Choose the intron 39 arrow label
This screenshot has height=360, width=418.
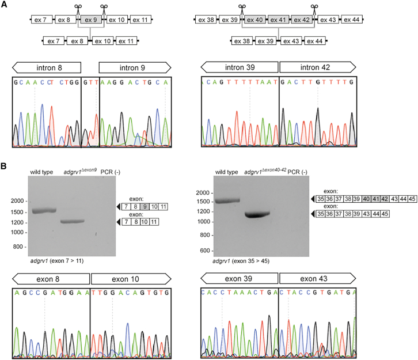coord(239,67)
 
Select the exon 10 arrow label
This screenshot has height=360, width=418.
coord(131,279)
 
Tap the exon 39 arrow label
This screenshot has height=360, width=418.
coord(239,279)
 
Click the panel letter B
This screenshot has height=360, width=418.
coord(5,166)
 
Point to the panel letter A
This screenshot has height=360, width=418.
coord(5,5)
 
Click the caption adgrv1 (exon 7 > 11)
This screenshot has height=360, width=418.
coord(56,261)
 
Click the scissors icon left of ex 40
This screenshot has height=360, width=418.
coord(241,8)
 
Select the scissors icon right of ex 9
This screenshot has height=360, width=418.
coord(104,8)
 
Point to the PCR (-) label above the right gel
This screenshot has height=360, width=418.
coord(298,172)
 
